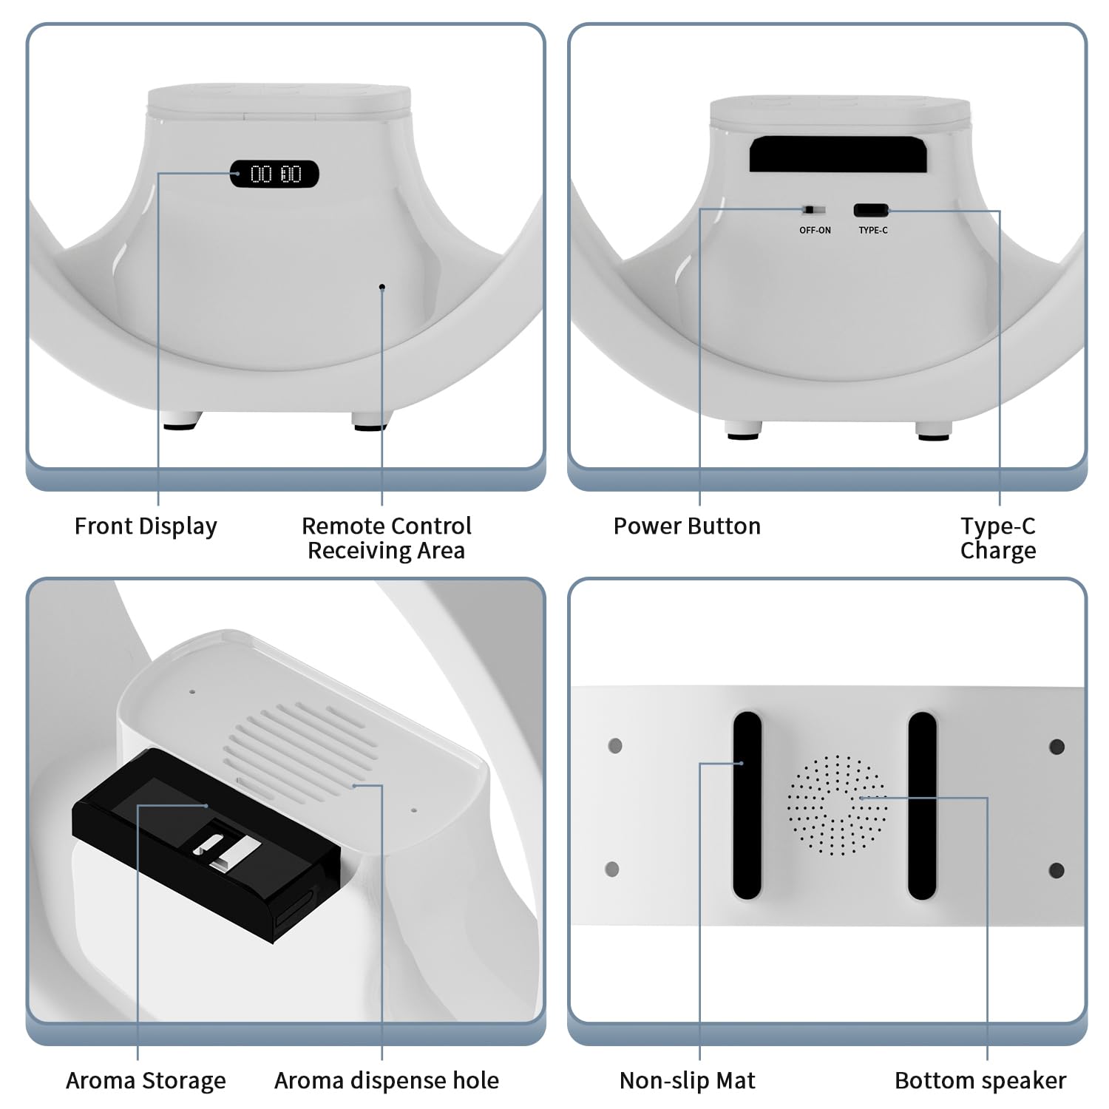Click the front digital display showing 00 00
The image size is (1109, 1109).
coord(274,174)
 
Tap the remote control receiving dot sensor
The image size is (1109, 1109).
coord(381,287)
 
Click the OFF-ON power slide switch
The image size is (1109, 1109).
coord(814,210)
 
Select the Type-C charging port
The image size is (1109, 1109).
coord(872,210)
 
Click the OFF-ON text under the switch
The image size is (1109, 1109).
coord(815,231)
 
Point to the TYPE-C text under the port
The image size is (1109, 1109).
coord(873,231)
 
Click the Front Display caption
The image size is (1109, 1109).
coord(146,526)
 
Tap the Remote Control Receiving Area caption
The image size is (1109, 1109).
coord(386,538)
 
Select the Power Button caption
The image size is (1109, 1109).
coord(687,526)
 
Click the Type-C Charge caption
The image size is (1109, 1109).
coord(998,538)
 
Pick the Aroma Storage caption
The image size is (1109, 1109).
coord(146,1081)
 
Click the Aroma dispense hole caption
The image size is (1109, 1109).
coord(387,1081)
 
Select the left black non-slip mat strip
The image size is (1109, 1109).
coord(747,805)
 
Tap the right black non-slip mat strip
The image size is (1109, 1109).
coord(922,805)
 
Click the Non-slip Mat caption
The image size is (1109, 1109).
coord(687,1081)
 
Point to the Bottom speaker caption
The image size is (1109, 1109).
coord(980,1081)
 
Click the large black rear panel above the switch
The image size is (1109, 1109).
coord(840,154)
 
